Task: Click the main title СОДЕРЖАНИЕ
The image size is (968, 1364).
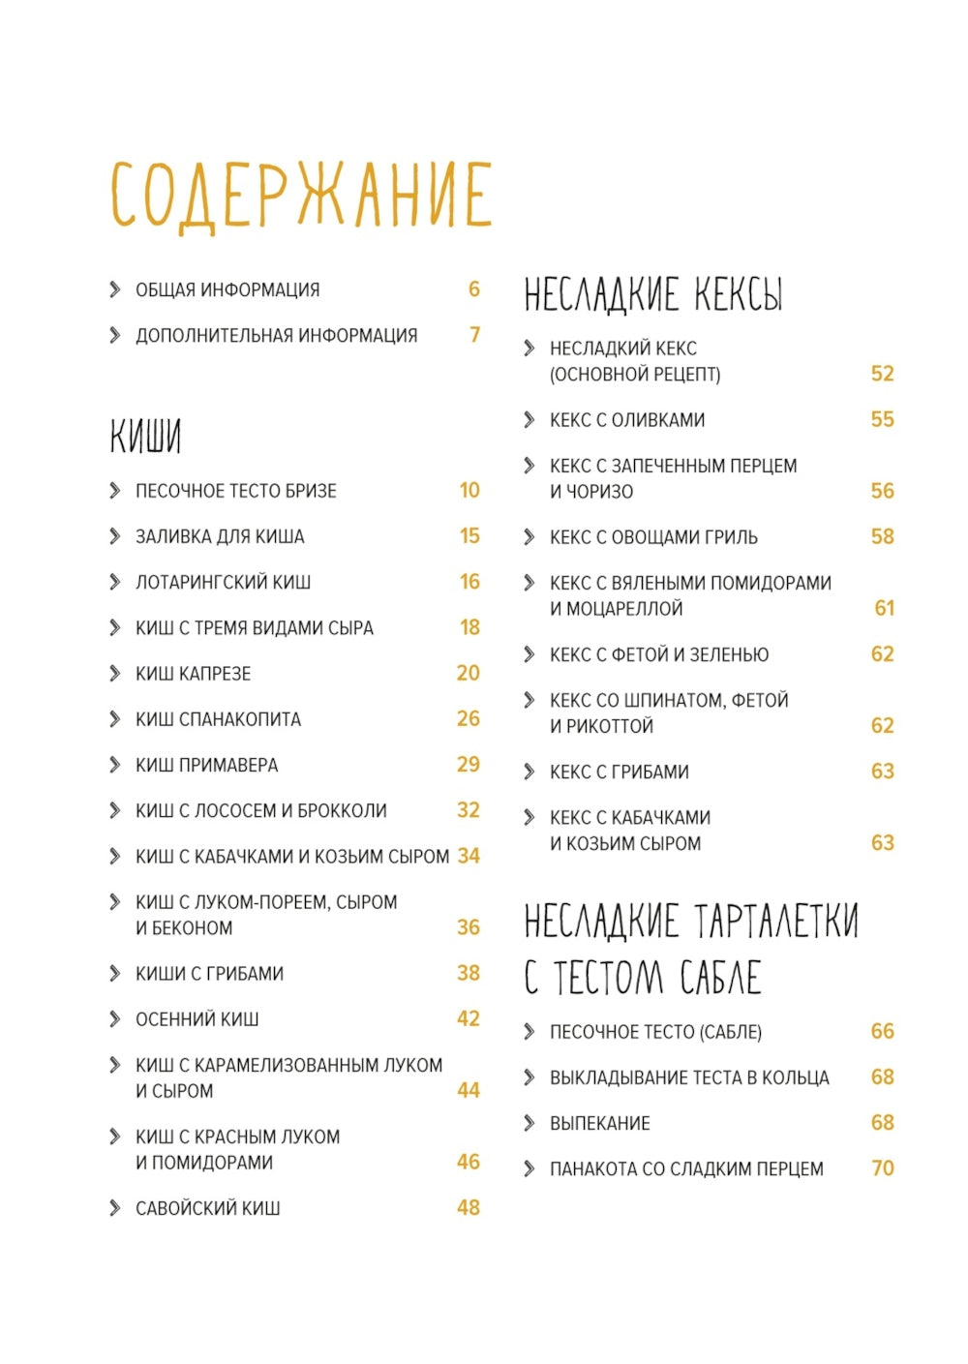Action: point(301,195)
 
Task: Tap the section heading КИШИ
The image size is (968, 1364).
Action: point(145,437)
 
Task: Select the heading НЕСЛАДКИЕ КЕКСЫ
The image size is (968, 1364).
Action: point(652,293)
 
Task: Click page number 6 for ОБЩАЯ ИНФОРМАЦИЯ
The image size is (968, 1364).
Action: point(474,288)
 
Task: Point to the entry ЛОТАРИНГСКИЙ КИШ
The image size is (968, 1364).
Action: point(223,582)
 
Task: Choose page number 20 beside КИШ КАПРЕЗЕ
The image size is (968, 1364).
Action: point(469,673)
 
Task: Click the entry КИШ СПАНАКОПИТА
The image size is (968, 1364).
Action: point(218,719)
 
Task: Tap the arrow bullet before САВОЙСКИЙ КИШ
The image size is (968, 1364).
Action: point(115,1207)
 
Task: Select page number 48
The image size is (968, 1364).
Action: point(469,1207)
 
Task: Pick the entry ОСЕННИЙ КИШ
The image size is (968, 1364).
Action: point(197,1019)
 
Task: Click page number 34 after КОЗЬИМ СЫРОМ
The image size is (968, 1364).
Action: point(469,856)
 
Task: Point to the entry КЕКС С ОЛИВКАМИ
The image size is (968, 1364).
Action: point(627,420)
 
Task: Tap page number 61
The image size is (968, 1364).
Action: point(884,608)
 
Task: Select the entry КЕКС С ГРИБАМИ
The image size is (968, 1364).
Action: point(619,773)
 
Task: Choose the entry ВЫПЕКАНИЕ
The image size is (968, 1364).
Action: point(599,1124)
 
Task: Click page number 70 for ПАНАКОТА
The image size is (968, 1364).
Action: point(883,1168)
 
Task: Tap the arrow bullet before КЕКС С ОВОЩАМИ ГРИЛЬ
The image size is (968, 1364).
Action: point(529,536)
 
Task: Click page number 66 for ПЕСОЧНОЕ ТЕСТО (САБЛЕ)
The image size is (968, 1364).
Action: point(883,1031)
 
